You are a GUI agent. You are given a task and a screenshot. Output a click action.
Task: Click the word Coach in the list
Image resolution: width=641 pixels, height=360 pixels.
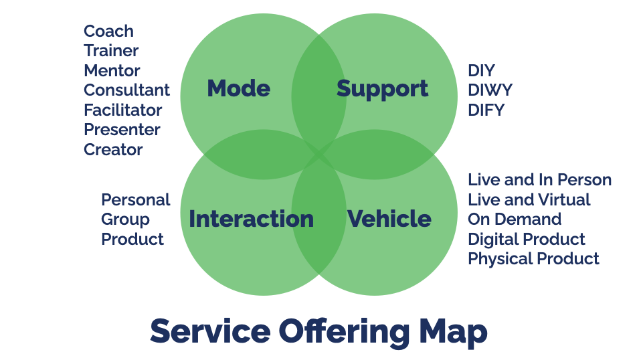(109, 31)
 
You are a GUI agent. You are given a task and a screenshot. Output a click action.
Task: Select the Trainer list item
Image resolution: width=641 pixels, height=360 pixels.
(111, 51)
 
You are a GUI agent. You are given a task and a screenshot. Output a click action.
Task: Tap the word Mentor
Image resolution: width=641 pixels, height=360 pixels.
(112, 71)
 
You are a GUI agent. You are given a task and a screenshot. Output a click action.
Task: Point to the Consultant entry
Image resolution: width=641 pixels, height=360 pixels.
(126, 90)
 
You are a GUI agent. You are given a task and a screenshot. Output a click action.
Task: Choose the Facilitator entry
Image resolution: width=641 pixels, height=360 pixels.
(123, 110)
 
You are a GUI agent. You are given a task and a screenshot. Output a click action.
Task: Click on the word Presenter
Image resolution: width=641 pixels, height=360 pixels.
(122, 130)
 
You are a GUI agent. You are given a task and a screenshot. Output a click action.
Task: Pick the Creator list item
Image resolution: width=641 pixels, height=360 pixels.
(113, 150)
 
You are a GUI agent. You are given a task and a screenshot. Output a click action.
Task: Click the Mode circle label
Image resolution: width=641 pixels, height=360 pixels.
(239, 88)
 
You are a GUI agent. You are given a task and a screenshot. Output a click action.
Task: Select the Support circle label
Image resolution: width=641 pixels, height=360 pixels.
(382, 89)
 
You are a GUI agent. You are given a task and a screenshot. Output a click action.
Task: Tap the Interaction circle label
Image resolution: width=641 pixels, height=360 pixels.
(252, 219)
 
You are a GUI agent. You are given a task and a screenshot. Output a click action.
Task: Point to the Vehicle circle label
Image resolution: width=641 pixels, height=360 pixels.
(389, 219)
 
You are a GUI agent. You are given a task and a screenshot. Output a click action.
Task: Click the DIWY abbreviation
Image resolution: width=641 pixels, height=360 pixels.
(490, 90)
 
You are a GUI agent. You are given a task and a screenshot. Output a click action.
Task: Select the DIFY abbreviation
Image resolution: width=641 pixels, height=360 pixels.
(486, 110)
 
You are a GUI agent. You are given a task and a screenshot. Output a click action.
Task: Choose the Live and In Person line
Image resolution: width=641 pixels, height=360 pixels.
(539, 180)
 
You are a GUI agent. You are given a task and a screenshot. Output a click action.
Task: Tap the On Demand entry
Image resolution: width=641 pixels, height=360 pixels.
(515, 219)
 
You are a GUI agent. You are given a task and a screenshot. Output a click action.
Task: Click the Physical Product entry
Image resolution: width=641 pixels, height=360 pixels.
(533, 259)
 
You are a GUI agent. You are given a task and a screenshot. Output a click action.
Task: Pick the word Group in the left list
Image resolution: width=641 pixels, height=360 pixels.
(126, 219)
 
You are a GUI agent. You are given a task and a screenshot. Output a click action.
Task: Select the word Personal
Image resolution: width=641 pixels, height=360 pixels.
(136, 200)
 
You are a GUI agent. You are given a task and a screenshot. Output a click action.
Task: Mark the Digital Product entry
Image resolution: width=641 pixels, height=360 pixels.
(527, 239)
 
